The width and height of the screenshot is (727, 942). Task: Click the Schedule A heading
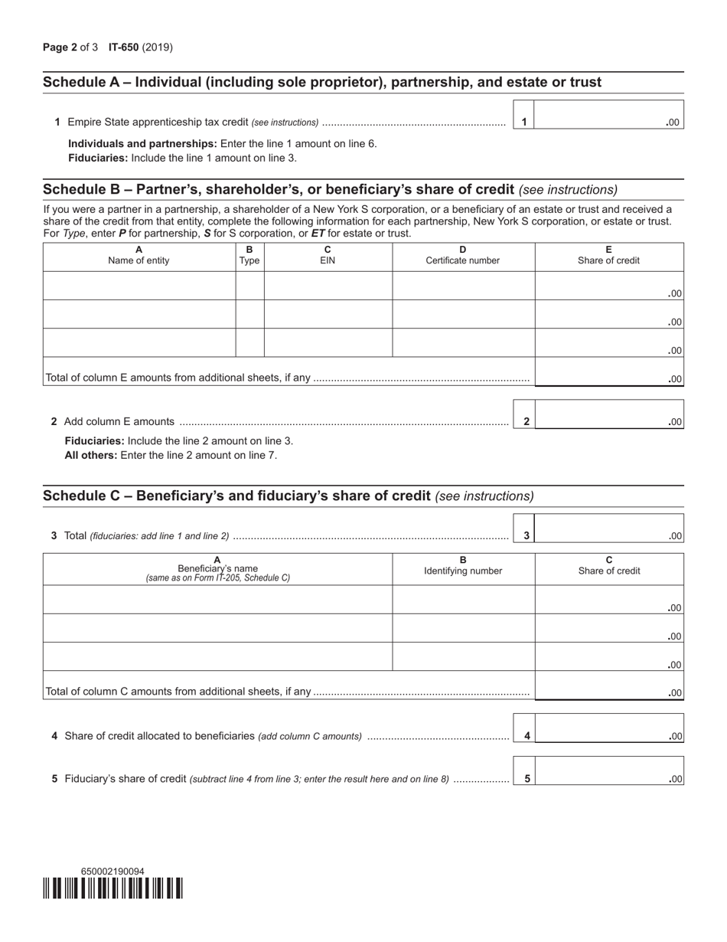click(322, 83)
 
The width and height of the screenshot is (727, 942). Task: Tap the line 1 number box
click(523, 122)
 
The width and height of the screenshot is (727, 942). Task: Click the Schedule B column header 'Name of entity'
click(139, 255)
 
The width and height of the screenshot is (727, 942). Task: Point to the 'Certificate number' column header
click(463, 255)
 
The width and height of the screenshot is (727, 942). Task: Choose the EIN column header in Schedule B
click(328, 255)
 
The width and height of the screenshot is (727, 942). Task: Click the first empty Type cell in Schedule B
click(249, 286)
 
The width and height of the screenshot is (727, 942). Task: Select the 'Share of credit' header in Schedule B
click(608, 255)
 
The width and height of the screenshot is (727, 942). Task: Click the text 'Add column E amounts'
click(119, 421)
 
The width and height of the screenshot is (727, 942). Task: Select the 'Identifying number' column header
click(463, 565)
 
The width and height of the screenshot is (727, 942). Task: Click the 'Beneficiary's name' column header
click(217, 568)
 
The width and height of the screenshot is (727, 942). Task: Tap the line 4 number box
click(527, 736)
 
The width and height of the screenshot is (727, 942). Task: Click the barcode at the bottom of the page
click(112, 888)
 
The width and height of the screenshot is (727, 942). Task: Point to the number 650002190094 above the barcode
click(112, 872)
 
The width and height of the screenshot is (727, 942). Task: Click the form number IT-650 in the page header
click(123, 47)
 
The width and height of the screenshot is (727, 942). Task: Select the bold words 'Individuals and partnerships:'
click(142, 143)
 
